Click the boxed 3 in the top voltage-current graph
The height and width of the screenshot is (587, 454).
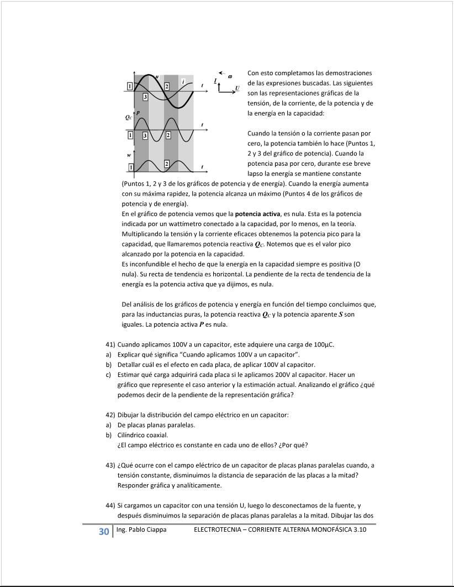point(145,97)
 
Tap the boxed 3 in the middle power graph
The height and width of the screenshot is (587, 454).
point(145,135)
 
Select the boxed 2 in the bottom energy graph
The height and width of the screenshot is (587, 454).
point(167,164)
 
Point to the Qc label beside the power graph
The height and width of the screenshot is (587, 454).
point(128,118)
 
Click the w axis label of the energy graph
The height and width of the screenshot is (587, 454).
point(129,155)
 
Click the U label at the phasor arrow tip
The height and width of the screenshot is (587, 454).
point(237,88)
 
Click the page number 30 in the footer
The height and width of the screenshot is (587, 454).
point(103,532)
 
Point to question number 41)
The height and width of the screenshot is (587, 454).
point(110,344)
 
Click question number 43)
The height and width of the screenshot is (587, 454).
point(110,465)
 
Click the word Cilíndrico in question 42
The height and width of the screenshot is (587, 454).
point(134,435)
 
